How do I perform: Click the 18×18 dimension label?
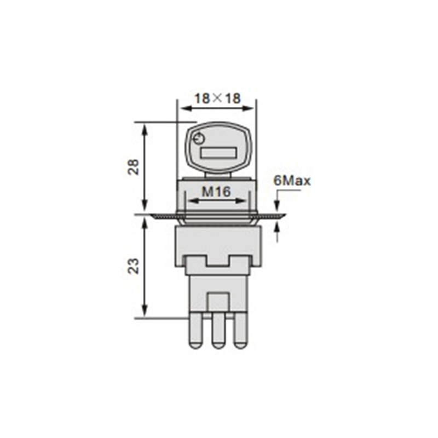(x=217, y=99)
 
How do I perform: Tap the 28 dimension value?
(x=134, y=167)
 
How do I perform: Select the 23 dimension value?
(x=134, y=266)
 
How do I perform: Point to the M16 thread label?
(x=216, y=192)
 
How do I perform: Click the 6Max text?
(x=292, y=181)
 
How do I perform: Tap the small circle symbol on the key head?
(x=199, y=139)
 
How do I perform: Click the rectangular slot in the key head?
(x=218, y=153)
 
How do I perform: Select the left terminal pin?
(x=195, y=331)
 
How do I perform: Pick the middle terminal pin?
(x=218, y=331)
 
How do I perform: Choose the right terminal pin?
(x=241, y=331)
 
